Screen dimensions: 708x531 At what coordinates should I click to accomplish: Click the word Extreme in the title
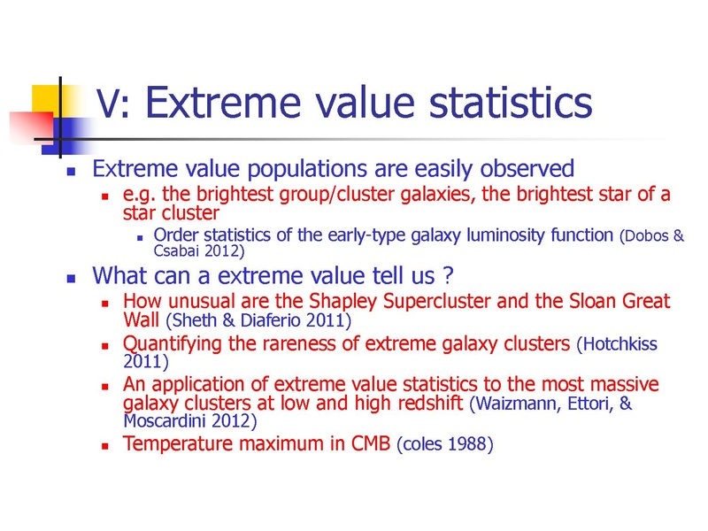pos(224,103)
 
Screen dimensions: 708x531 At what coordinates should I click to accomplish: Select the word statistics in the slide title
pos(511,103)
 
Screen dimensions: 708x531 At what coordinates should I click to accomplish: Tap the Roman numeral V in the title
pos(108,104)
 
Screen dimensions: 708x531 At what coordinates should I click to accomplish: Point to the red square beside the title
pos(32,128)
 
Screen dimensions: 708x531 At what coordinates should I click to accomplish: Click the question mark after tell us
pos(448,275)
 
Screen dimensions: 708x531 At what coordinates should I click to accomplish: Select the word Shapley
pos(342,302)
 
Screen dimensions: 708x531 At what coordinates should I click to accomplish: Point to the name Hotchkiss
pos(620,344)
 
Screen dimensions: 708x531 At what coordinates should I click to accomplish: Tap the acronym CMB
pos(371,443)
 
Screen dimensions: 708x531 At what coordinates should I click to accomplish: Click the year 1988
pos(467,444)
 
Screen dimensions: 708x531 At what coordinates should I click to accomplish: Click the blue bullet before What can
pos(71,278)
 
